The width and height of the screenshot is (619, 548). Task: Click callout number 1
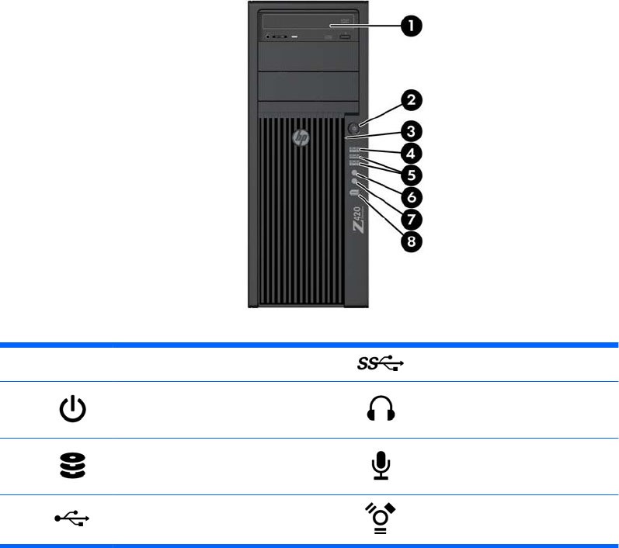pos(412,26)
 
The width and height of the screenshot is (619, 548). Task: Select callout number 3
pos(412,129)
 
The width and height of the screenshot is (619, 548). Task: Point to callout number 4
pos(412,152)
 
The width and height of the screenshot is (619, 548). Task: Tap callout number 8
pos(412,241)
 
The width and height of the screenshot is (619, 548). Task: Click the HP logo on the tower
pos(300,138)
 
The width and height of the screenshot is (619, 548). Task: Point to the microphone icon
pos(380,465)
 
